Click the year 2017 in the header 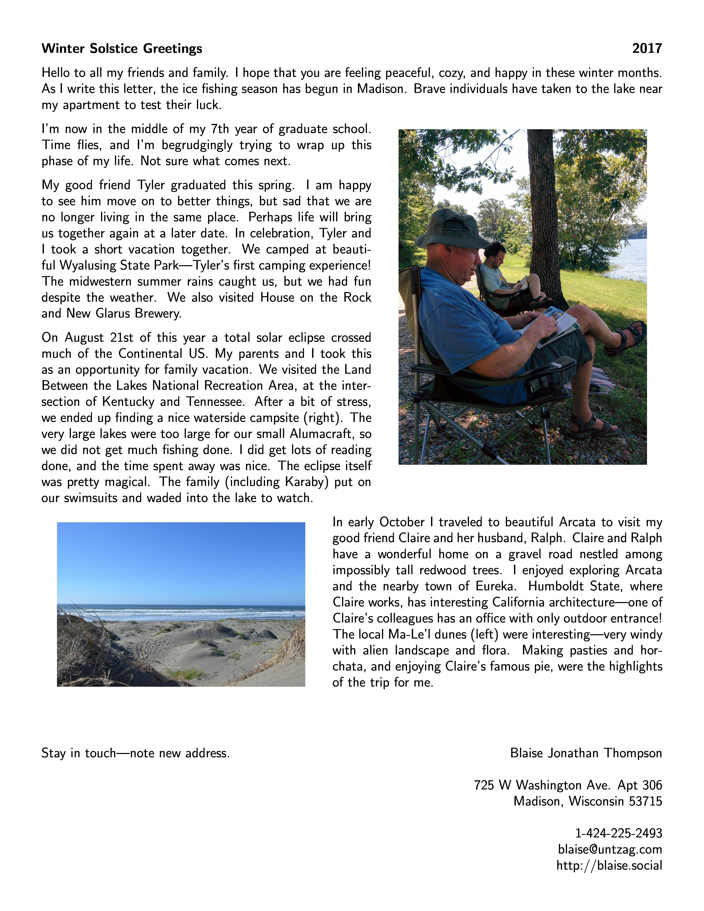(x=647, y=49)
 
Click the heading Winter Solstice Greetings (x=122, y=49)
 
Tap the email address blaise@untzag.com (x=610, y=849)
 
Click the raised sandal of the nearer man (x=626, y=338)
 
